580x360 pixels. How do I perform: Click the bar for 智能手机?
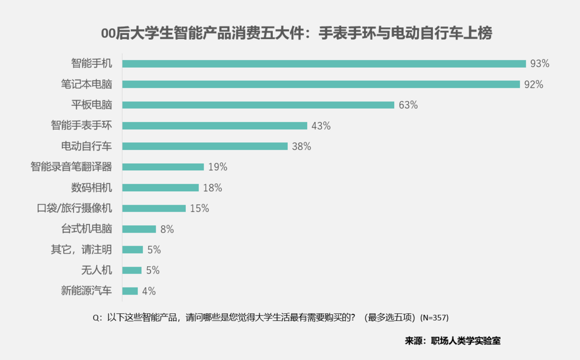click(x=324, y=64)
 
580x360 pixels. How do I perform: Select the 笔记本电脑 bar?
click(x=321, y=84)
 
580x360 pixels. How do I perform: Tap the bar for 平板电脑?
click(x=258, y=105)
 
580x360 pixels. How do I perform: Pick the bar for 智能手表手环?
click(x=215, y=126)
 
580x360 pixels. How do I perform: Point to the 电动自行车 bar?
click(x=205, y=146)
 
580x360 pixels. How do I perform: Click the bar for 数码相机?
click(x=161, y=188)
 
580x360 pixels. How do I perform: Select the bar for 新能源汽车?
click(x=130, y=291)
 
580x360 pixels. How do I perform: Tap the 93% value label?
click(x=539, y=64)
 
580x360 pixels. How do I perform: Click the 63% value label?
click(x=408, y=105)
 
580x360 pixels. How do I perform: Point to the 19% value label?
click(x=218, y=167)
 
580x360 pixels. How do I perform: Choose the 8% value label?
click(x=167, y=229)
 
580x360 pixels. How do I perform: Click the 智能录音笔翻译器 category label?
click(x=71, y=167)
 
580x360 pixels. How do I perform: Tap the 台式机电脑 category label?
click(x=86, y=229)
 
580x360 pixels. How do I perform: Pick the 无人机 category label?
click(x=97, y=270)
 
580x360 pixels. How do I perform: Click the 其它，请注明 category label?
click(x=81, y=249)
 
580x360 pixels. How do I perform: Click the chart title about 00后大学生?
click(x=297, y=34)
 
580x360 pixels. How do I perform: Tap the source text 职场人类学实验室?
click(x=466, y=341)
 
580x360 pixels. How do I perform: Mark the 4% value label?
click(x=149, y=291)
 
